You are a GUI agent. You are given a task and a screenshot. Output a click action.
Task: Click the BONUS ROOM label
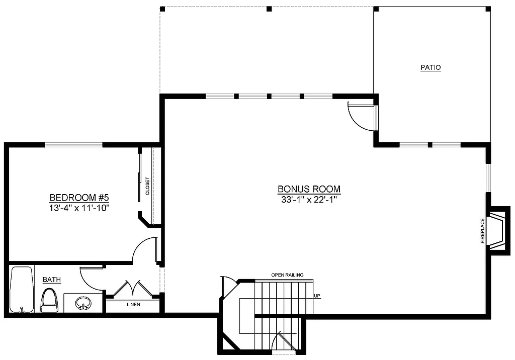(309, 189)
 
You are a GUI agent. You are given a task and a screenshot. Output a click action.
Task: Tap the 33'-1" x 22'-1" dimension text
(309, 199)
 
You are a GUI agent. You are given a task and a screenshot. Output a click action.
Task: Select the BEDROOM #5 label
(79, 197)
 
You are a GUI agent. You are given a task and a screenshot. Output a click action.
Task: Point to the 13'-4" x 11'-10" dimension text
(79, 207)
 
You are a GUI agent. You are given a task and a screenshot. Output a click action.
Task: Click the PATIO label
(431, 67)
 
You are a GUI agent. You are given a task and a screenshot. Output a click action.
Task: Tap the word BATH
(52, 280)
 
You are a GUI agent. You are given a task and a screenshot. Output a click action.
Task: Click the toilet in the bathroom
(49, 301)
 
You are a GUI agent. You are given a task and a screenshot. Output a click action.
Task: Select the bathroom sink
(83, 303)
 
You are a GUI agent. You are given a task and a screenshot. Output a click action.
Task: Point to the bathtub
(21, 290)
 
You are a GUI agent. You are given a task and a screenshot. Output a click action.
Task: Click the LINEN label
(133, 305)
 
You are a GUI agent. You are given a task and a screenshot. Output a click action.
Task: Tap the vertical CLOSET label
(147, 186)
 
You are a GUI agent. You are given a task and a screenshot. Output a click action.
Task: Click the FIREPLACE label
(483, 231)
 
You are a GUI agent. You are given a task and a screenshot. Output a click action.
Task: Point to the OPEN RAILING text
(287, 275)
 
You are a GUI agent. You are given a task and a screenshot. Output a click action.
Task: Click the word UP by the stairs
(317, 296)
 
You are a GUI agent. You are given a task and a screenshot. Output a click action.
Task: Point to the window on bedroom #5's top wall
(74, 145)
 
